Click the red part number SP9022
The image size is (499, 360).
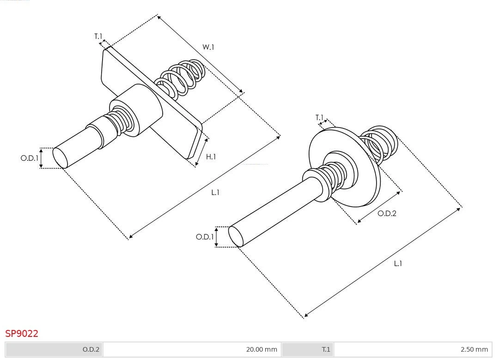tap(22, 333)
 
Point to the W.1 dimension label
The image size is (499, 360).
tap(208, 47)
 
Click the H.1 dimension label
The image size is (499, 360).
tap(211, 157)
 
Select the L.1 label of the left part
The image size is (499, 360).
tap(215, 192)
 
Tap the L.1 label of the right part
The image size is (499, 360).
tap(398, 263)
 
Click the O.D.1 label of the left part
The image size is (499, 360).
tap(29, 158)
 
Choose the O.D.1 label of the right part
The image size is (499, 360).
tap(204, 237)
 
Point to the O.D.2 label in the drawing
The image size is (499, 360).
tap(387, 213)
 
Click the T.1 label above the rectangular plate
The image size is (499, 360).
tap(98, 36)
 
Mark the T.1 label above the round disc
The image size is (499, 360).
tap(319, 117)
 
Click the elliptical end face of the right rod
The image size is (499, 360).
tap(236, 236)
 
